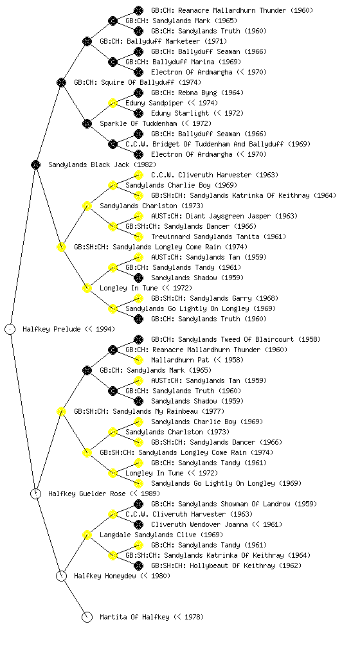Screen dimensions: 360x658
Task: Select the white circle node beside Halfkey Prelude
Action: [x=10, y=330]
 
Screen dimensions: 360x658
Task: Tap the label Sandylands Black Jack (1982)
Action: [x=102, y=165]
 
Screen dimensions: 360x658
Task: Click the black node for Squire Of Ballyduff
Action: [x=61, y=83]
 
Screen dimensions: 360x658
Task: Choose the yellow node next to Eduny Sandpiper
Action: [x=113, y=103]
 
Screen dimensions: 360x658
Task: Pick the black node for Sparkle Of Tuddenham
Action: [x=87, y=124]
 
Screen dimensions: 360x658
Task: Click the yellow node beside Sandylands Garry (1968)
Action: [x=138, y=298]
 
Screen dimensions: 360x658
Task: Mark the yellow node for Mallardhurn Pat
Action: [x=138, y=360]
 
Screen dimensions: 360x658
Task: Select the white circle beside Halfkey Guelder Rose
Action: [x=35, y=494]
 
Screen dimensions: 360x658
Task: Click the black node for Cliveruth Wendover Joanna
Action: [x=138, y=524]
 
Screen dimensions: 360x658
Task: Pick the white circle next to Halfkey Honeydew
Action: [x=61, y=576]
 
